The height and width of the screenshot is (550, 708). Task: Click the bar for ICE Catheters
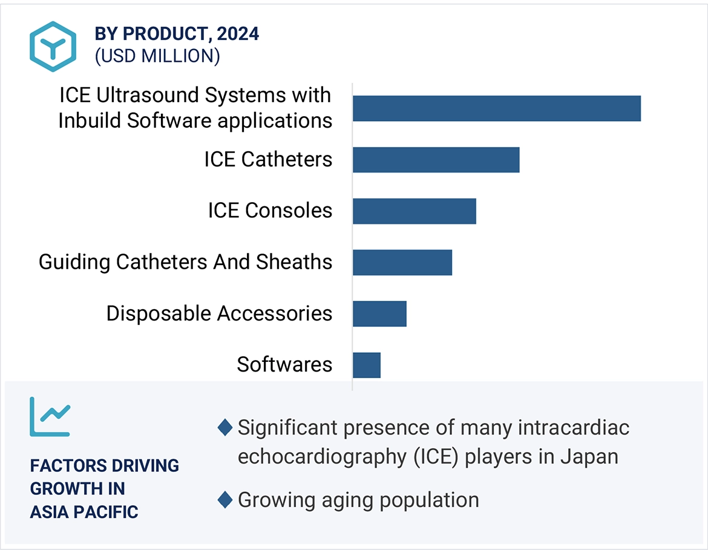(x=436, y=160)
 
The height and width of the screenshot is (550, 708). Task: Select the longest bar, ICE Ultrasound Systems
(x=496, y=108)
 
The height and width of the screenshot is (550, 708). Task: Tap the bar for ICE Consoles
(x=414, y=211)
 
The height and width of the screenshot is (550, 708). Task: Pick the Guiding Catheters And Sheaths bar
(x=402, y=263)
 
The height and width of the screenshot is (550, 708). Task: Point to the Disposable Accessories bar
(x=379, y=314)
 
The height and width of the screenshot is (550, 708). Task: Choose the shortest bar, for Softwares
(x=367, y=365)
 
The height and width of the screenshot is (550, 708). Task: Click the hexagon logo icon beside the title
(x=53, y=47)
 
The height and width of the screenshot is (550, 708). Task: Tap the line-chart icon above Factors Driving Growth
(x=50, y=417)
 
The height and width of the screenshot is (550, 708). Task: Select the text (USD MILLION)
(x=157, y=56)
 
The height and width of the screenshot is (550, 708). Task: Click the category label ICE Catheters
(x=268, y=160)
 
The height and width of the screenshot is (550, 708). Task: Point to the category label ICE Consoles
(x=270, y=211)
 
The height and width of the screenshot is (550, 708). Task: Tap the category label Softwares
(x=284, y=365)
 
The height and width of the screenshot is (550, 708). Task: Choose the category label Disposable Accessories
(x=219, y=313)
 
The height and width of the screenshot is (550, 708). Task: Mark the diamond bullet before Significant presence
(x=225, y=428)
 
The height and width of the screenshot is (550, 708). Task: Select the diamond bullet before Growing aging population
(x=225, y=500)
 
